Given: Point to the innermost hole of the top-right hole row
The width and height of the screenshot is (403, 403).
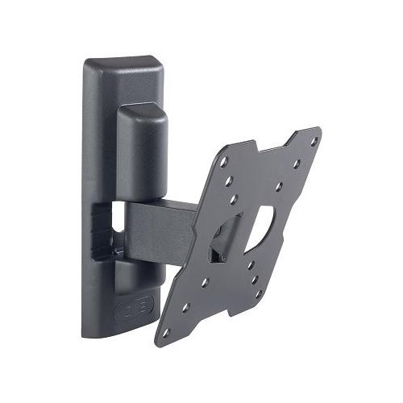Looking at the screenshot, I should point(278,187).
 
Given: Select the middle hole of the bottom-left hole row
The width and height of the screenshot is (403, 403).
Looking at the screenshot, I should point(186,307).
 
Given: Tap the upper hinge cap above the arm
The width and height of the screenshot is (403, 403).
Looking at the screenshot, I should point(142,149).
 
